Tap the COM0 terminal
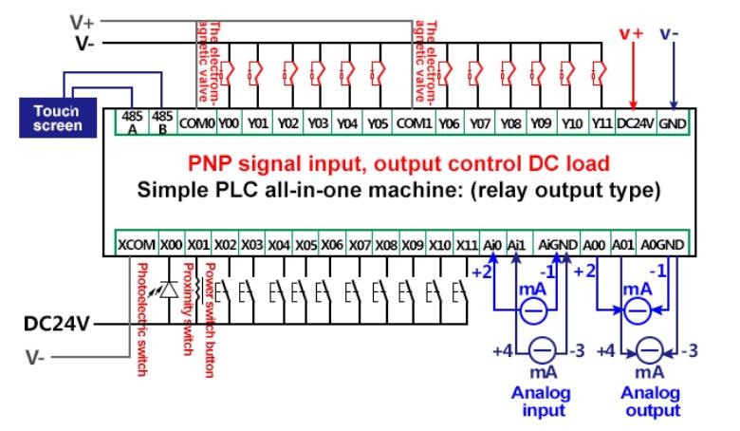pos(196,123)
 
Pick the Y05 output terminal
pos(377,123)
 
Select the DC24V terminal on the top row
pos(635,123)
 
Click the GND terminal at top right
pos(673,123)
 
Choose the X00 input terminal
pos(171,244)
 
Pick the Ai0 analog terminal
pos(491,244)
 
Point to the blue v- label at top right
pos(670,33)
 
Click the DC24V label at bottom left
pos(56,325)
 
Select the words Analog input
pos(542,402)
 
